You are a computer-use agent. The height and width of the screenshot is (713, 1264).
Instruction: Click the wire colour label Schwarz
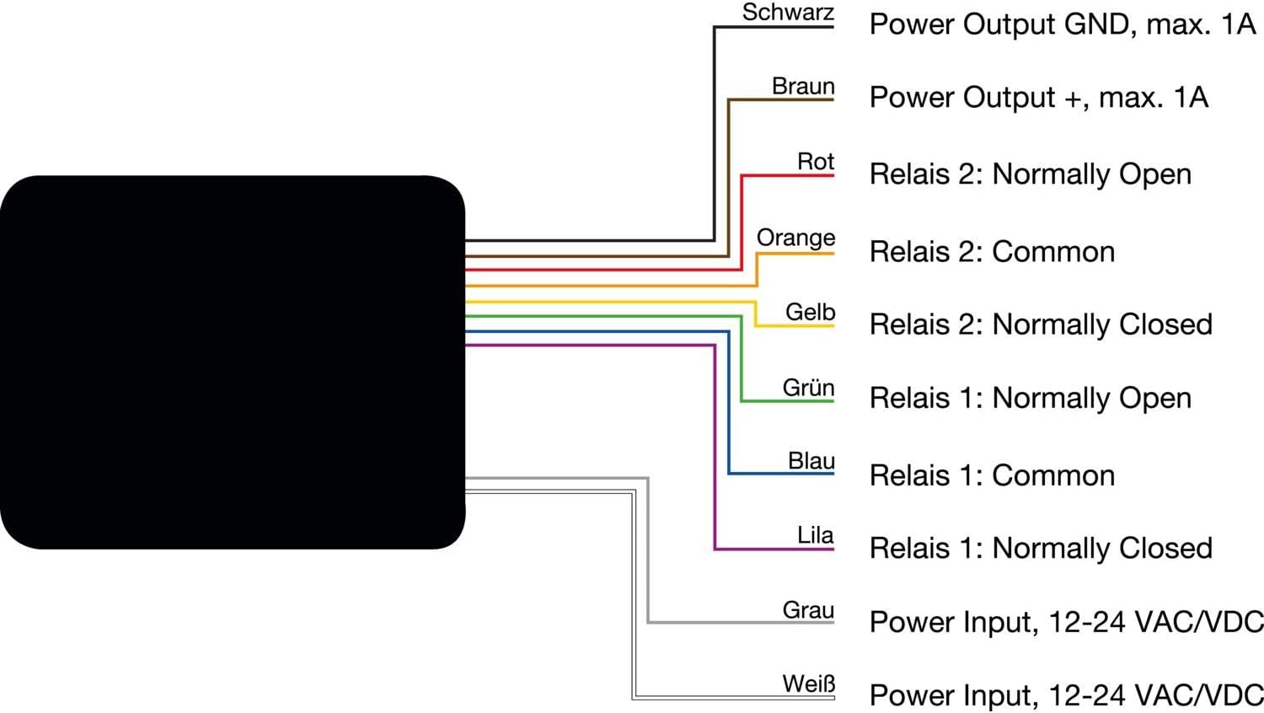(x=788, y=13)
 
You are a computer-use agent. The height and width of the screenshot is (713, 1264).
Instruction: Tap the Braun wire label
(x=803, y=86)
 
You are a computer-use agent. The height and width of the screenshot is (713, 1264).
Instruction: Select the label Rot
(x=816, y=162)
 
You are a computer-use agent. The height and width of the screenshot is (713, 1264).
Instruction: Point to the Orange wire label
(x=795, y=239)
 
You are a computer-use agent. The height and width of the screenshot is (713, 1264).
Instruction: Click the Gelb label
(x=810, y=312)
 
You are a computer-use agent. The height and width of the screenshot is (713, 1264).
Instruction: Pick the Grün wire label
(x=808, y=388)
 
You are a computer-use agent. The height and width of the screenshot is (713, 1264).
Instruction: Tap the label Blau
(x=811, y=461)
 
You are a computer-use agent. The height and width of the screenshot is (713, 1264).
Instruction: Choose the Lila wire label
(x=815, y=535)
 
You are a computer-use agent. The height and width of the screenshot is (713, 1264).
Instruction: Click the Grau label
(x=808, y=610)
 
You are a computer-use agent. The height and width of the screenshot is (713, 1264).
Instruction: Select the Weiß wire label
(x=808, y=684)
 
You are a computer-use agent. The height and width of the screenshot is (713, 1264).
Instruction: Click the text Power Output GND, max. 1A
(x=1062, y=24)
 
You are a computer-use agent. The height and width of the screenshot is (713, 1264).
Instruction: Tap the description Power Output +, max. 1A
(x=1039, y=97)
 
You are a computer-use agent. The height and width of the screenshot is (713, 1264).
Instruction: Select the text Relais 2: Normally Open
(x=1031, y=174)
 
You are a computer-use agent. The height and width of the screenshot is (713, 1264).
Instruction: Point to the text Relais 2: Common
(x=992, y=252)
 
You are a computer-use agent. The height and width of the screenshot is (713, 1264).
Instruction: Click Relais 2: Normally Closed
(x=1041, y=324)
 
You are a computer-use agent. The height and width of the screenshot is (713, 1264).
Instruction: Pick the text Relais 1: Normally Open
(x=1031, y=398)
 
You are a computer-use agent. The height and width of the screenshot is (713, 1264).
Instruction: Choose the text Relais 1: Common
(x=992, y=475)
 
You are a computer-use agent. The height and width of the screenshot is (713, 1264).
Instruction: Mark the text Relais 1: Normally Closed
(x=1041, y=548)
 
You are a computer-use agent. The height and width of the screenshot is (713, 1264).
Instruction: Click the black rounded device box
(x=233, y=362)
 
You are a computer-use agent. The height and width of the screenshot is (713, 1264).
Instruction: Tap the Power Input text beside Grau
(x=1067, y=622)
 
